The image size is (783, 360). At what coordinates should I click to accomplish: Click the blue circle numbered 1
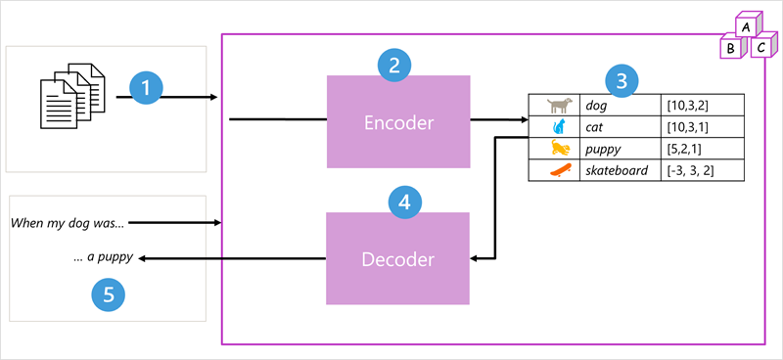tap(147, 87)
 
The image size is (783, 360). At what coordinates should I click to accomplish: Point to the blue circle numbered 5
tap(107, 292)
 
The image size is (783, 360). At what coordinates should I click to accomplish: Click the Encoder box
tap(398, 121)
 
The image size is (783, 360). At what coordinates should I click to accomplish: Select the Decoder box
tap(398, 259)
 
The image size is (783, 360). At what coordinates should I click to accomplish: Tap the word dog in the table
tap(595, 106)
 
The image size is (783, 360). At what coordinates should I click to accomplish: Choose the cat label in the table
tap(593, 127)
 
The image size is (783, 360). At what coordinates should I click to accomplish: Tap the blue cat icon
tap(559, 127)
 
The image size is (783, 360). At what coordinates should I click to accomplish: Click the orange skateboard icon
tap(559, 170)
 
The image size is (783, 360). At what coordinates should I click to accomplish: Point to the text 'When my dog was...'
tap(68, 224)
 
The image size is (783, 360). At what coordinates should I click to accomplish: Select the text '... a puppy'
tap(103, 258)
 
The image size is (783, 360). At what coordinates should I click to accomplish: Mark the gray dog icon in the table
tap(559, 106)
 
